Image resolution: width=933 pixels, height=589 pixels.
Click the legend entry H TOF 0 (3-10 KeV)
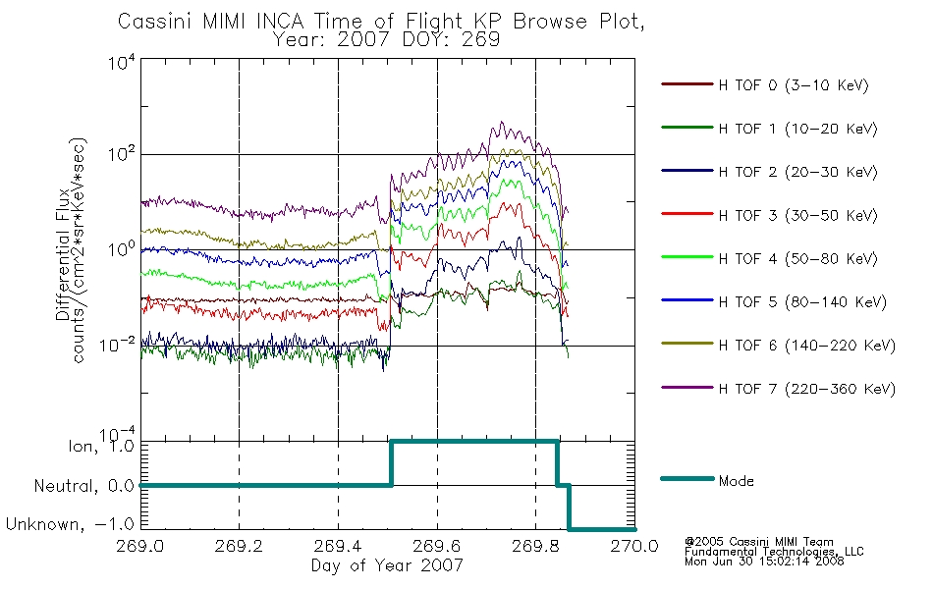[x=794, y=85]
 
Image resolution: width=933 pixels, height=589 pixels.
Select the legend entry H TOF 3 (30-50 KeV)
[x=797, y=215]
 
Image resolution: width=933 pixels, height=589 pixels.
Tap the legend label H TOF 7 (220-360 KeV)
[x=806, y=389]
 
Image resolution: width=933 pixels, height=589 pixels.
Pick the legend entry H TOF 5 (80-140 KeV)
[x=802, y=302]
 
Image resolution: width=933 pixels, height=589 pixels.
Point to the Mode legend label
[x=736, y=481]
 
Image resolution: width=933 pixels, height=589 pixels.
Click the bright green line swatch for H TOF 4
[x=687, y=257]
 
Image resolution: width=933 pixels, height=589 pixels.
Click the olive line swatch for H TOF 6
[x=687, y=344]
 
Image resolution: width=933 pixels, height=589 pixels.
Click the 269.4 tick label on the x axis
[x=338, y=546]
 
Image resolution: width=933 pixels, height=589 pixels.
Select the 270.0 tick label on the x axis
[x=634, y=546]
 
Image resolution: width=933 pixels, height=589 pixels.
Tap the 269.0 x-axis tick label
[x=140, y=546]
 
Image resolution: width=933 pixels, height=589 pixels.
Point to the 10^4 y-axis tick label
[x=122, y=63]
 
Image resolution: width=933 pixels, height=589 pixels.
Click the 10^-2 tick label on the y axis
[x=118, y=345]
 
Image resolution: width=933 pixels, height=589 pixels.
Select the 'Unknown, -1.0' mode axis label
[x=70, y=524]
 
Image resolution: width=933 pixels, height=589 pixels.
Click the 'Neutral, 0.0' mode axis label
[x=83, y=486]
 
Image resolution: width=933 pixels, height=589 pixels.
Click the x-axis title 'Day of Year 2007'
[x=387, y=565]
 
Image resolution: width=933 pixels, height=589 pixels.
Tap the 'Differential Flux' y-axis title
[x=63, y=254]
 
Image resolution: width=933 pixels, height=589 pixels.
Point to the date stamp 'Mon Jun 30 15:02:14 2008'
[x=764, y=562]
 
